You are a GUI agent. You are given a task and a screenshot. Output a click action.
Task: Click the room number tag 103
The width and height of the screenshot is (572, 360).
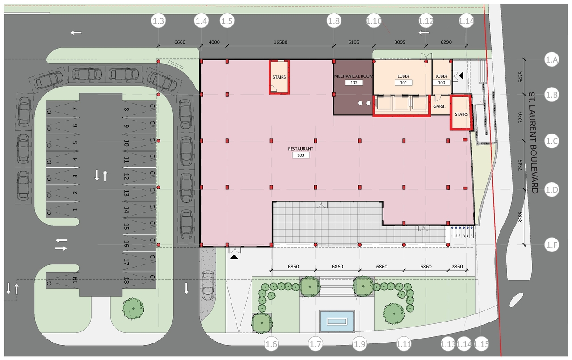click(301, 155)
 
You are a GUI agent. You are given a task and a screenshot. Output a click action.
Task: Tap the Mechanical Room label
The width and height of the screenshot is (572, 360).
click(353, 76)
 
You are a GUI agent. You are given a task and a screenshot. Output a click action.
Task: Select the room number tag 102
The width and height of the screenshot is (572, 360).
click(354, 83)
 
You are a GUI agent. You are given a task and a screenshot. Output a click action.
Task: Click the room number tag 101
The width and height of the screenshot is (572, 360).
click(403, 83)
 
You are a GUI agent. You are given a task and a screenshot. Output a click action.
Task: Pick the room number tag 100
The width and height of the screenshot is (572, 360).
click(442, 83)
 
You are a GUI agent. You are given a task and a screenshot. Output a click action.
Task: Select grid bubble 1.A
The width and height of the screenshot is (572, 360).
click(552, 59)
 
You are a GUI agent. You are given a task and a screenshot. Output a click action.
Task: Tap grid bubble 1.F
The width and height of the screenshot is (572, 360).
click(552, 245)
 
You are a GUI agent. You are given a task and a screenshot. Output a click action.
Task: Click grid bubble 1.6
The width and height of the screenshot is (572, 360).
click(271, 344)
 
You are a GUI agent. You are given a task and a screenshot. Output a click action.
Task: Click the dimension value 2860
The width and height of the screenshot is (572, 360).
click(457, 266)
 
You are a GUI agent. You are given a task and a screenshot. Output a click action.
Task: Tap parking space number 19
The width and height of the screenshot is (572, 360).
click(75, 280)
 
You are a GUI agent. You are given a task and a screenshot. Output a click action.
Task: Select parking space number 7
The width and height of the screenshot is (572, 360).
click(75, 109)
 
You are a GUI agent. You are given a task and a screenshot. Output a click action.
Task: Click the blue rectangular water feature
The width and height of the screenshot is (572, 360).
click(337, 321)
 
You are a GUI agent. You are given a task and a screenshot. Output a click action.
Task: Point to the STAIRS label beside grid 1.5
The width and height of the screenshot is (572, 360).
click(279, 77)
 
